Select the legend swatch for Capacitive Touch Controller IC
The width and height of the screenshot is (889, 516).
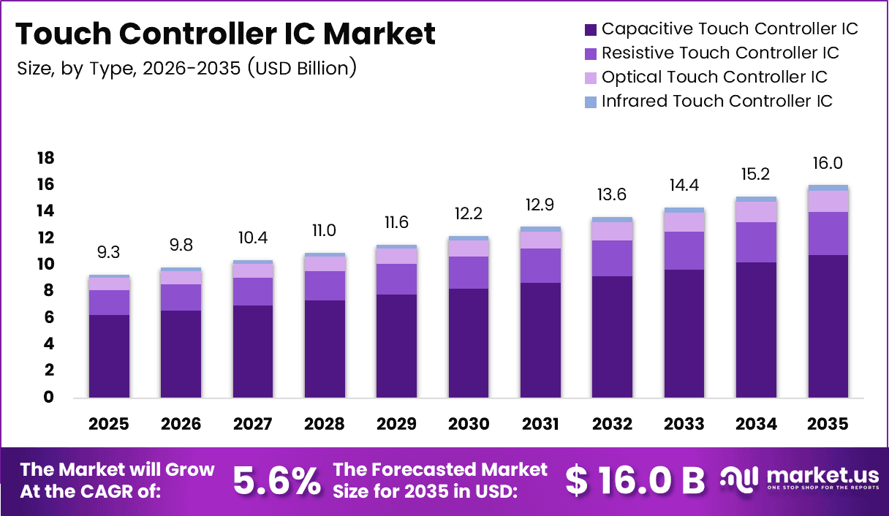coord(590,30)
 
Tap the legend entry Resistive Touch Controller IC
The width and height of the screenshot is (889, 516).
coord(719,53)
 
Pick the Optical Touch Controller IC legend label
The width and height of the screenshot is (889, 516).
coord(714,77)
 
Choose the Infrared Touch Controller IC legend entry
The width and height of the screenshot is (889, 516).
coord(716,102)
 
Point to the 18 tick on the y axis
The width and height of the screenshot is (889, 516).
coord(45,159)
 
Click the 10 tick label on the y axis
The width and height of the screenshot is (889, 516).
coord(45,265)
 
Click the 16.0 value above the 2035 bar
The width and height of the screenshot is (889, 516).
coord(828,164)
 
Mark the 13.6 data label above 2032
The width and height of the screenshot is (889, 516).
coord(612,196)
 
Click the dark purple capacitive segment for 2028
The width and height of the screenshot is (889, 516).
coord(325,349)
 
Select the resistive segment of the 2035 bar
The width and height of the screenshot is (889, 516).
coord(828,233)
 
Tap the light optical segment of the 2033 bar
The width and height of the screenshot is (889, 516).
coord(684,222)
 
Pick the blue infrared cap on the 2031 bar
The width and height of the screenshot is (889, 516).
coord(540,229)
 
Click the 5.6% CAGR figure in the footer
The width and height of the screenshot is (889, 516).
coord(276,480)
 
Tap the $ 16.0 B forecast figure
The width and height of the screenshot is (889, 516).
coord(635,480)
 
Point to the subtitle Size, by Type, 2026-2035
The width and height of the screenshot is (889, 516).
coord(186,69)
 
